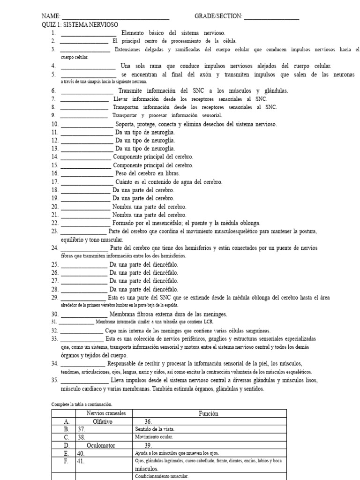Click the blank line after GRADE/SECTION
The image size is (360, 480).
tap(271, 17)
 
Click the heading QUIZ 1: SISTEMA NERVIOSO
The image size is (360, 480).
tap(80, 25)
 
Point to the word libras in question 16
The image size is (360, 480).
tap(172, 173)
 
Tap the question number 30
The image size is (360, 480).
tap(54, 314)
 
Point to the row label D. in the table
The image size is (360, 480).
tap(67, 445)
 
